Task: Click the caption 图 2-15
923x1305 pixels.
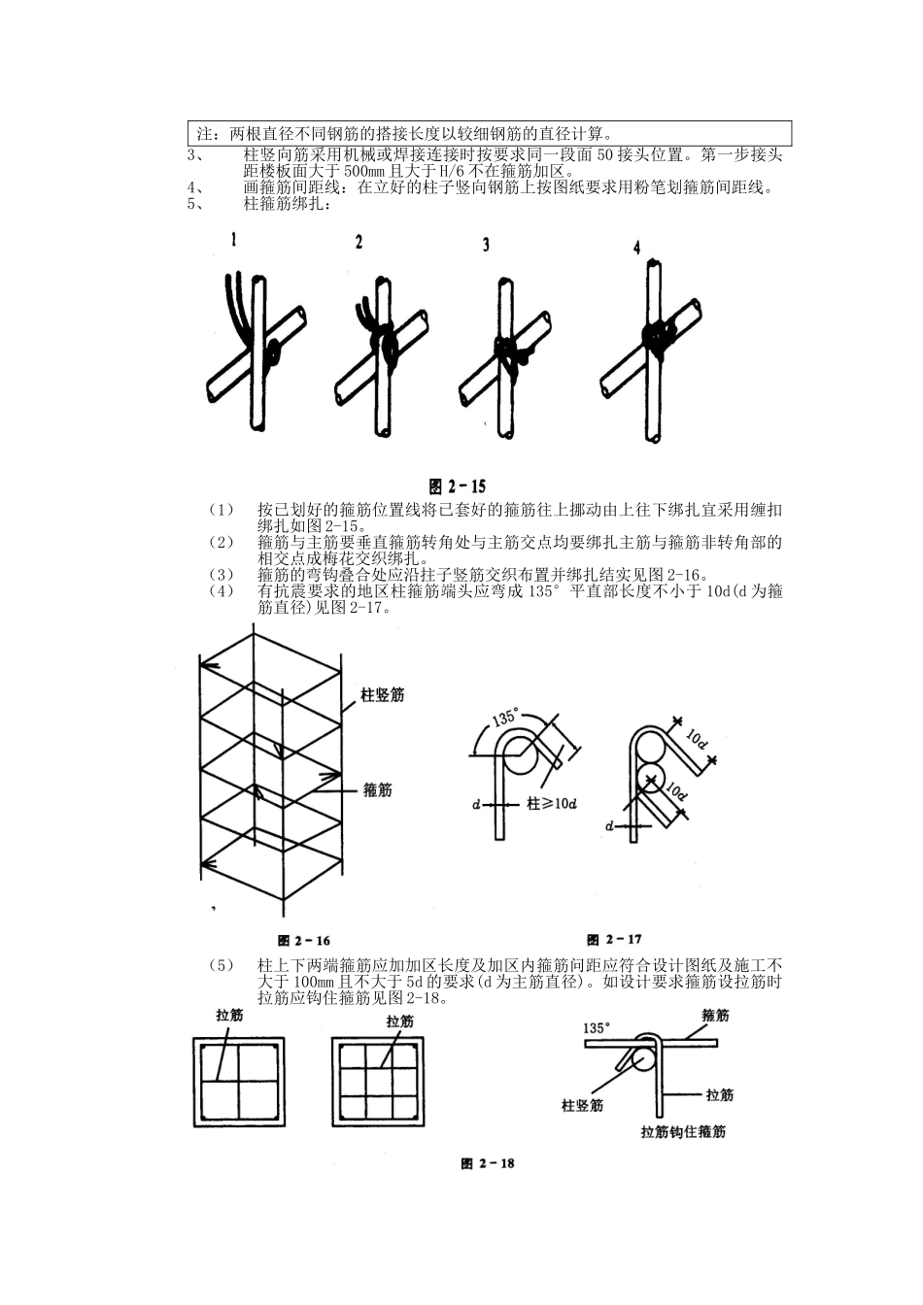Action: pyautogui.click(x=458, y=486)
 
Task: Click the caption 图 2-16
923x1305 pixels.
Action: pyautogui.click(x=304, y=940)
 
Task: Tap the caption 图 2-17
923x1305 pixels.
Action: pyautogui.click(x=614, y=939)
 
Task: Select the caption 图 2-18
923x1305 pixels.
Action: pyautogui.click(x=488, y=1163)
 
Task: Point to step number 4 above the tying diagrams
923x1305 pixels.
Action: pyautogui.click(x=636, y=249)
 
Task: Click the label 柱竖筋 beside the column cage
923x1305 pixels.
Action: pyautogui.click(x=382, y=695)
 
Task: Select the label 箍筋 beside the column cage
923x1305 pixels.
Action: pyautogui.click(x=377, y=790)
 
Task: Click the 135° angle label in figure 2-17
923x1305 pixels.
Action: pyautogui.click(x=504, y=719)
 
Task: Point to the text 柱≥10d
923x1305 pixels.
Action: pyautogui.click(x=552, y=804)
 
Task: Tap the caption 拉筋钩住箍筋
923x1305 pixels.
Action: pyautogui.click(x=683, y=1131)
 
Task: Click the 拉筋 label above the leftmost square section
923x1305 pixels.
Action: pyautogui.click(x=229, y=1016)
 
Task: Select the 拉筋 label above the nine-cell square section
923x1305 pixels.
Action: pyautogui.click(x=399, y=1021)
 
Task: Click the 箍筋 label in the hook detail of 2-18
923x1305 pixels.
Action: pyautogui.click(x=715, y=1016)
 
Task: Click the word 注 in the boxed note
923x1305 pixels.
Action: pyautogui.click(x=204, y=133)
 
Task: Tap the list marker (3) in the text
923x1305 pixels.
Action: pyautogui.click(x=222, y=573)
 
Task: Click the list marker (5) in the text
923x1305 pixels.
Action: pyautogui.click(x=222, y=965)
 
